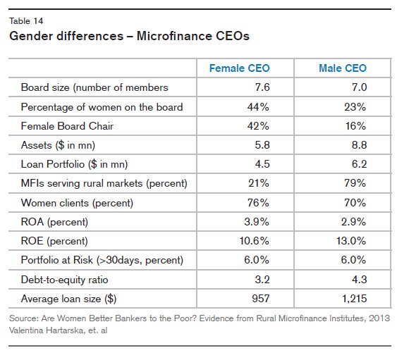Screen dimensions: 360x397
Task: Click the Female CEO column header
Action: click(240, 68)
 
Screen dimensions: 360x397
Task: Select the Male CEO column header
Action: click(342, 68)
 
